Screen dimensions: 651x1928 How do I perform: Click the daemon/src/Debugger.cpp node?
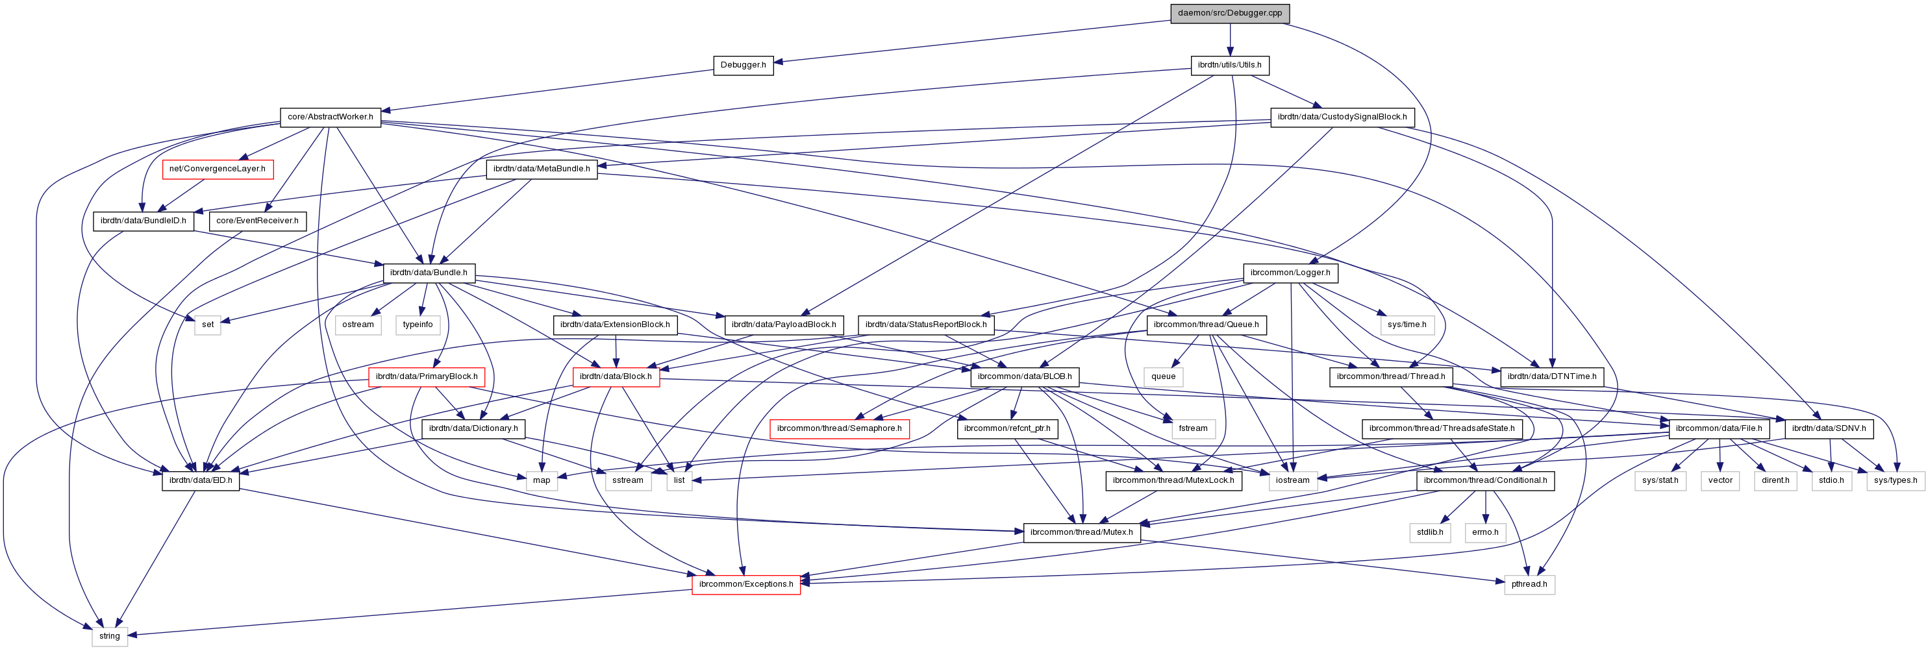point(1230,13)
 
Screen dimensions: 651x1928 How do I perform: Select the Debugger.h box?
point(742,65)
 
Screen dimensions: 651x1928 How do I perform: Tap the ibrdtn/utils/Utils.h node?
point(1229,65)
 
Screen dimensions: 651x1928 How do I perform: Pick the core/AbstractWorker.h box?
point(330,117)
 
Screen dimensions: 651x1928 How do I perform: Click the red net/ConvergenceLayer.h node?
point(217,169)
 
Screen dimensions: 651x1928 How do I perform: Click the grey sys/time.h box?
point(1407,325)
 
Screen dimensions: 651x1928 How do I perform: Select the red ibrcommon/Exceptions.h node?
point(745,584)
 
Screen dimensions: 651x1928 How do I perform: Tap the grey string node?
point(109,636)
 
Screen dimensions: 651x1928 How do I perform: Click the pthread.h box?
point(1529,584)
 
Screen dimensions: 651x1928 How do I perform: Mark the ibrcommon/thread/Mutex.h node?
point(1081,532)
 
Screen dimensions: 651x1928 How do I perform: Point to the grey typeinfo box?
point(418,325)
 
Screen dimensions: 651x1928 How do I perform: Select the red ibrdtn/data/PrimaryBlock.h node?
point(426,376)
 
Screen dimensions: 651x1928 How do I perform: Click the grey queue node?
point(1163,376)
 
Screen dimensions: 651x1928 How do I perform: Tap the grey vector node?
point(1720,480)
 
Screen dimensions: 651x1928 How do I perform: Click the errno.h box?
point(1485,532)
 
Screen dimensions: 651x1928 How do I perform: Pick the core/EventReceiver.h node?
point(257,221)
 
